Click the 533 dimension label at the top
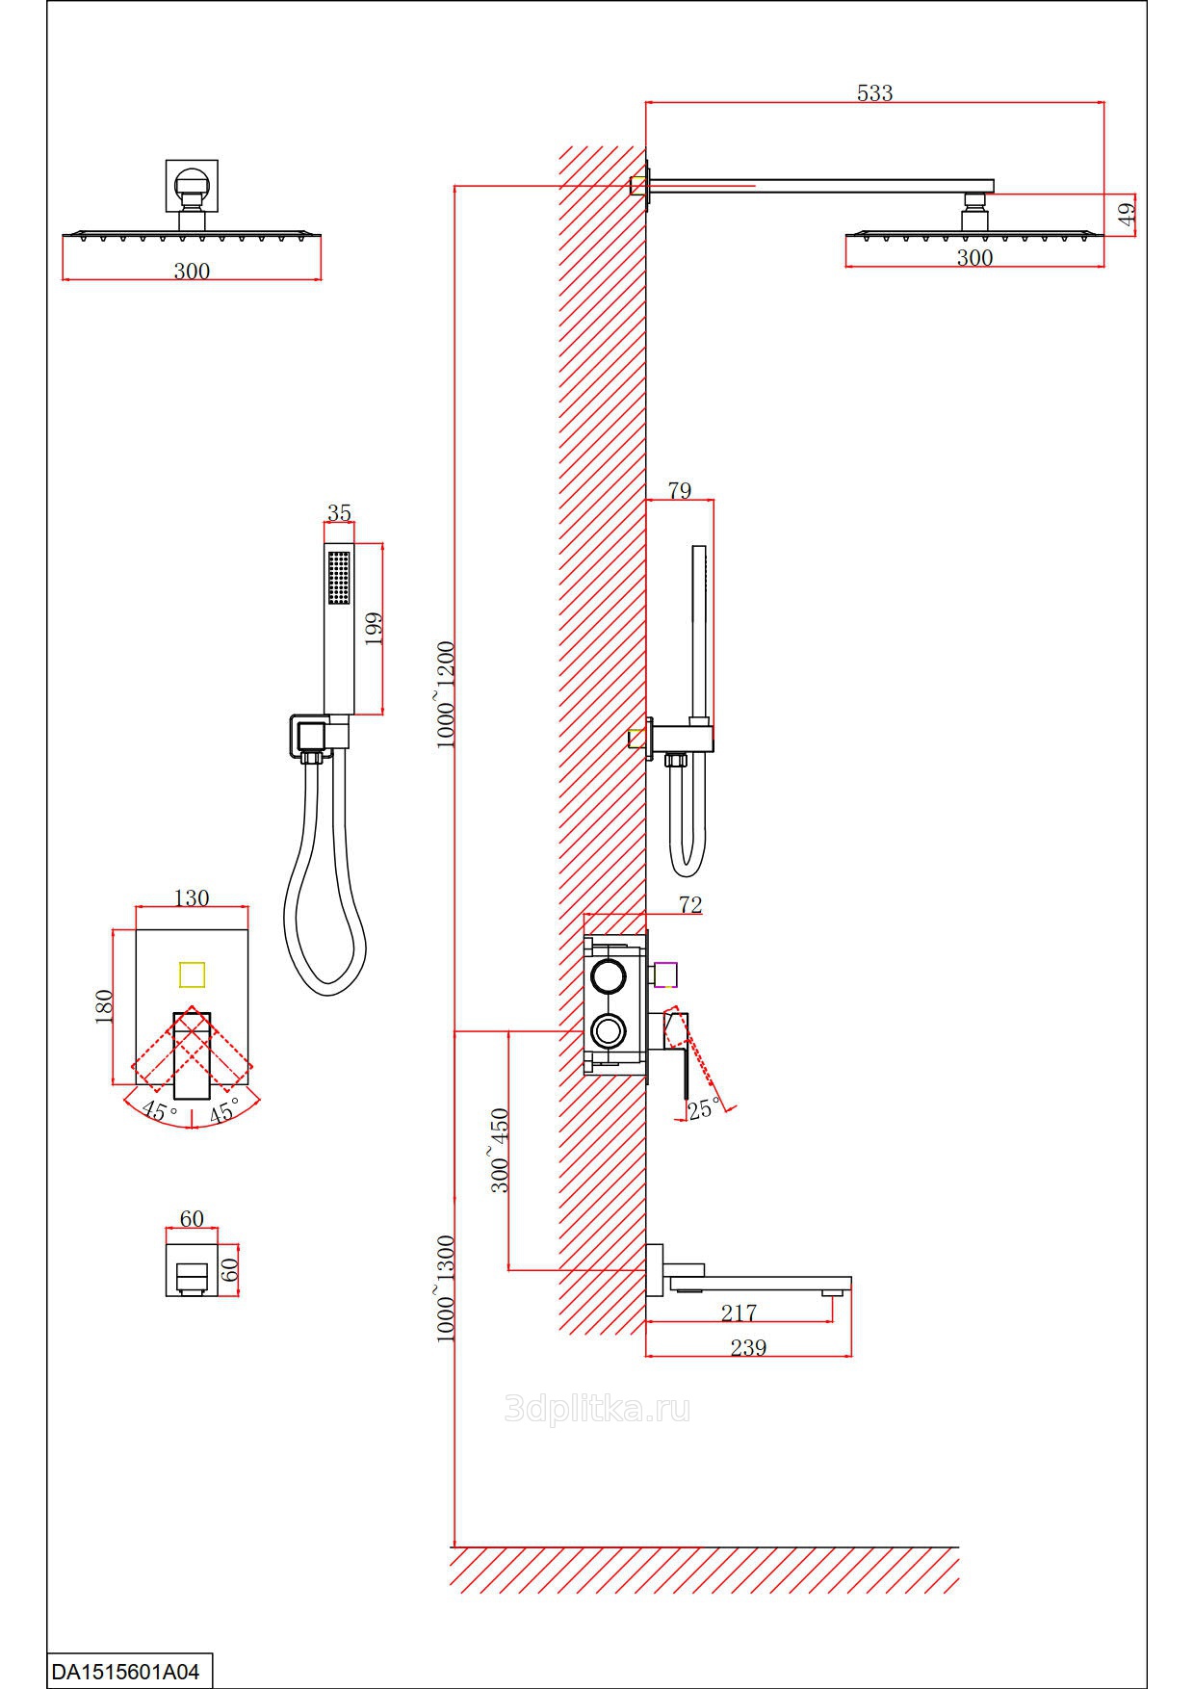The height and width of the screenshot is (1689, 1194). [874, 93]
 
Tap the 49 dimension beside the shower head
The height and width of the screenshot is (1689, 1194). [1128, 213]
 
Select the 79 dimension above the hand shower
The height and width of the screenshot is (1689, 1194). [680, 490]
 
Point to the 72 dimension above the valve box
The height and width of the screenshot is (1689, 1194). [690, 905]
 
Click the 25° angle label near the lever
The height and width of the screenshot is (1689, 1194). [703, 1108]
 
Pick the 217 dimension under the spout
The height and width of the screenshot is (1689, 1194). [739, 1312]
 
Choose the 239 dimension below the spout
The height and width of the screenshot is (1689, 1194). [748, 1347]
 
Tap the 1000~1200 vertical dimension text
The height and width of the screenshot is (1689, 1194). [446, 693]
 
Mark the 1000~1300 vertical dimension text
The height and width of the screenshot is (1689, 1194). [446, 1288]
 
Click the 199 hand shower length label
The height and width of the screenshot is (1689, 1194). [375, 628]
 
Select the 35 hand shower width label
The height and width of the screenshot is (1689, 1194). [339, 513]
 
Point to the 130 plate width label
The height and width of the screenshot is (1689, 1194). [191, 897]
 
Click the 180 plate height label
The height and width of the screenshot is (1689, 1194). [105, 1006]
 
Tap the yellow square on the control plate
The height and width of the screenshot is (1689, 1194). [193, 974]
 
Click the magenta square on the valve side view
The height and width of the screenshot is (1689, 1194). [666, 974]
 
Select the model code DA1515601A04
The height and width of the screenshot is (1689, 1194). [125, 1672]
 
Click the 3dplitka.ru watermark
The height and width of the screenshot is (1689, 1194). [597, 1411]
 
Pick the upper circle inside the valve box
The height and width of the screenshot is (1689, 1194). [609, 976]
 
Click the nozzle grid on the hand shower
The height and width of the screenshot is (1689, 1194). [339, 578]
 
